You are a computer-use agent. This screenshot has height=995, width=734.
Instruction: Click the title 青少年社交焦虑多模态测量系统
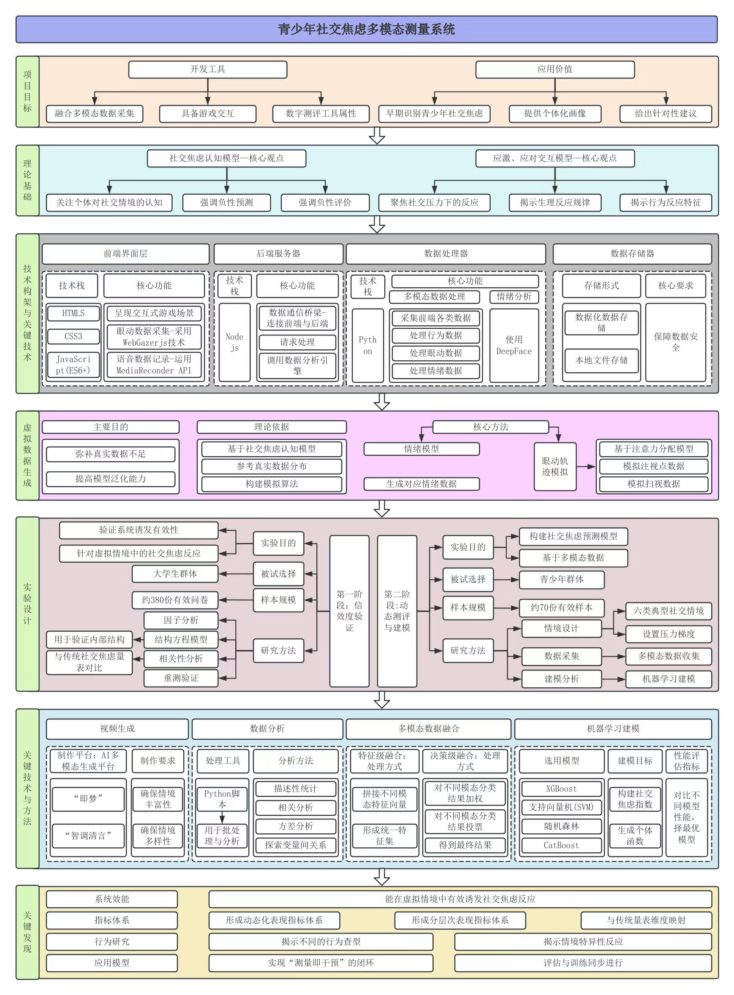[x=367, y=29]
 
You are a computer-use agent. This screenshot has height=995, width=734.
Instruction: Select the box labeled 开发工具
[x=207, y=69]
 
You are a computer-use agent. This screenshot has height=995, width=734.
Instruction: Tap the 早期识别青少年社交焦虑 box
[x=434, y=114]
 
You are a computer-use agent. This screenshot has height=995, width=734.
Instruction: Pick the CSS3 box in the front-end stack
[x=73, y=336]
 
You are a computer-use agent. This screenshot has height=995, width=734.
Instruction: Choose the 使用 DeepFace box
[x=514, y=345]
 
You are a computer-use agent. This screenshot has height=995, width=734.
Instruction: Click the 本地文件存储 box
[x=601, y=360]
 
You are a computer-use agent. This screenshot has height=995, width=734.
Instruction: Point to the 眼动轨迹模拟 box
[x=555, y=466]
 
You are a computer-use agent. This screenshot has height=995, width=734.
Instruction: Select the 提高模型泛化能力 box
[x=111, y=479]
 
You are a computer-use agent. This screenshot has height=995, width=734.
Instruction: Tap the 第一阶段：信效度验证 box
[x=349, y=611]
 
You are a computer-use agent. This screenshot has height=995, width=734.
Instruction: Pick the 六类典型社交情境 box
[x=668, y=611]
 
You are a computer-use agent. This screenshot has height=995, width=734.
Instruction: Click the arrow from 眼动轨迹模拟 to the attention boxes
[x=586, y=466]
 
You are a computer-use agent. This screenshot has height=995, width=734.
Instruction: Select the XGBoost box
[x=561, y=789]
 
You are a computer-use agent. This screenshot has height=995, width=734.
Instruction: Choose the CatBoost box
[x=561, y=845]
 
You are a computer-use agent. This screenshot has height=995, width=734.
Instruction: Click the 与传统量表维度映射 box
[x=646, y=920]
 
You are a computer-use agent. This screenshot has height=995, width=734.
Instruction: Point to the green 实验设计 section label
[x=27, y=604]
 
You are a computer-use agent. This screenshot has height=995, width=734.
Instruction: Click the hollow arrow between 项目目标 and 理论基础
[x=377, y=136]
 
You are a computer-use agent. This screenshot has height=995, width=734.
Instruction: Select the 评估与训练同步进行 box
[x=582, y=963]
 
